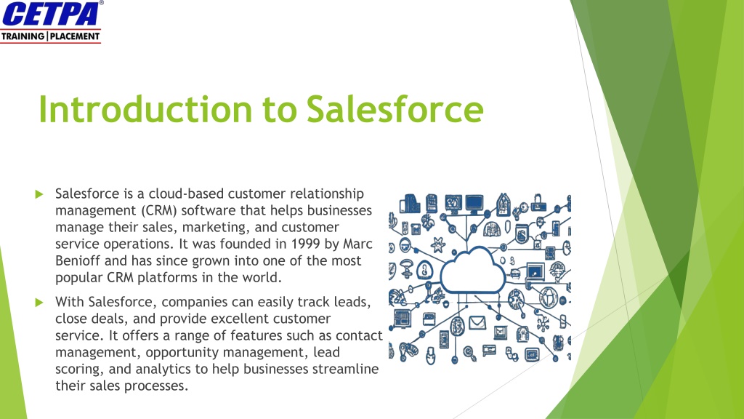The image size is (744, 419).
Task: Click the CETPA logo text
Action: (x=52, y=14)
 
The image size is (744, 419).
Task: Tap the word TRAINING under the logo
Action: (x=23, y=36)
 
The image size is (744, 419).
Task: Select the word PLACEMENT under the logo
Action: (x=75, y=36)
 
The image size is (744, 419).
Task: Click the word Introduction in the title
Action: (x=145, y=109)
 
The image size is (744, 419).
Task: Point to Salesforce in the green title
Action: (x=395, y=109)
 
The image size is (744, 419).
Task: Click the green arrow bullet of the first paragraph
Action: (x=39, y=193)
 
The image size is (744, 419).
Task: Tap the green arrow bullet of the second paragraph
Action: (x=39, y=302)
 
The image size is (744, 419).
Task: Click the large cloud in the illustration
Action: (x=472, y=271)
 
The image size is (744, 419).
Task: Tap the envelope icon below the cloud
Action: (x=477, y=322)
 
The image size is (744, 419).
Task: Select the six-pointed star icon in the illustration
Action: (x=437, y=245)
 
